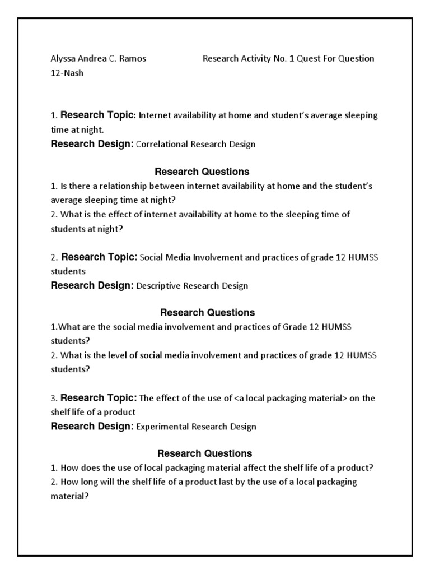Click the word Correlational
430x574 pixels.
click(163, 144)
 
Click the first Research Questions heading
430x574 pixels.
click(202, 172)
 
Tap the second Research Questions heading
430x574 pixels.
click(207, 313)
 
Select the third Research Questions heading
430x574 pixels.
click(205, 453)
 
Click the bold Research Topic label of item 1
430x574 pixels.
click(97, 115)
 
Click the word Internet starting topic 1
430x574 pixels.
click(154, 116)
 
